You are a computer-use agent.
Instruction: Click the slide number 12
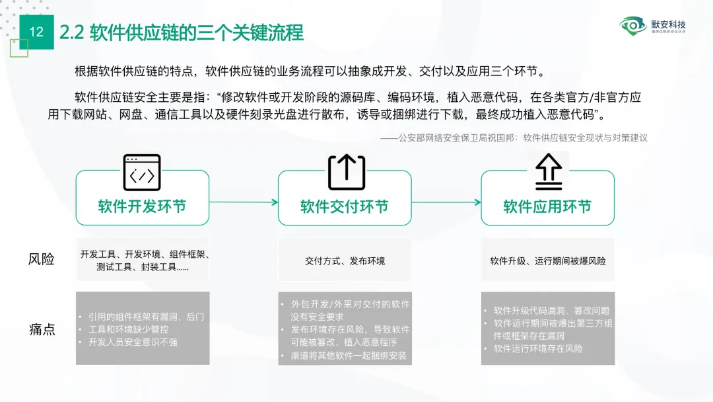click(x=36, y=32)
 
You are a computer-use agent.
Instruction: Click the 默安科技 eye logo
click(x=633, y=26)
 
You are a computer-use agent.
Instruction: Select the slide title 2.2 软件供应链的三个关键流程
click(x=182, y=32)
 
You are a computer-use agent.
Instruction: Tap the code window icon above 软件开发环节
click(x=142, y=173)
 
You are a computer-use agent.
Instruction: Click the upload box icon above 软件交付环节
click(x=346, y=172)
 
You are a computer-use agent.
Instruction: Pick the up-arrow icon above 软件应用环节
click(x=548, y=172)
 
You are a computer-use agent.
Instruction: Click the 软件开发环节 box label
click(x=142, y=206)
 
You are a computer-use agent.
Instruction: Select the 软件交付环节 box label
click(x=345, y=206)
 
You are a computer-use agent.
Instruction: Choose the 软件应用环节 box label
click(x=547, y=206)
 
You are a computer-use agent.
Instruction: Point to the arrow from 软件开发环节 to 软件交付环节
click(x=243, y=202)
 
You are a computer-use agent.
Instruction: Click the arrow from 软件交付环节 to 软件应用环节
click(x=446, y=202)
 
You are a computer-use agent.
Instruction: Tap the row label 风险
click(x=41, y=259)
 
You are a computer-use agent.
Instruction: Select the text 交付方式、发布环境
click(x=345, y=261)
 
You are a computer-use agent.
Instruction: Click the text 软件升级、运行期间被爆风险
click(x=547, y=261)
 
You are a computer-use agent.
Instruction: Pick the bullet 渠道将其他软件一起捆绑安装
click(x=349, y=355)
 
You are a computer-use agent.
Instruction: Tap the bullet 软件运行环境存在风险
click(x=538, y=348)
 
